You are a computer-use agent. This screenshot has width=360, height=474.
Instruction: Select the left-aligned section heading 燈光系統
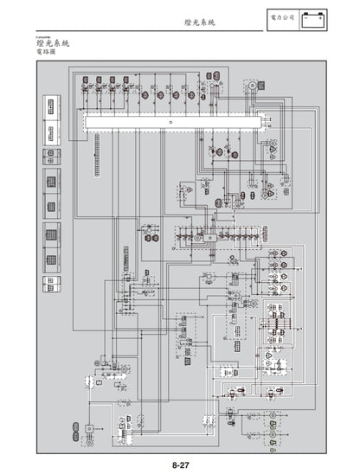[54, 42]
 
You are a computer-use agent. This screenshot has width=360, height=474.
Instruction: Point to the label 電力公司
[283, 16]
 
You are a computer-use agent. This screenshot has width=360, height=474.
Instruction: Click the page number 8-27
[180, 464]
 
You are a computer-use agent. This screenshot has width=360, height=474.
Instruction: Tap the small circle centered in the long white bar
[170, 122]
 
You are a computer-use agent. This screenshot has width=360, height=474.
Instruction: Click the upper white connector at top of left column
[53, 106]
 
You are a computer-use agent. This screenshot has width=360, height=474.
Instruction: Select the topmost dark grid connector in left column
[53, 156]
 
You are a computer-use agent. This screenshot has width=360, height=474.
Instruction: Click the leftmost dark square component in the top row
[88, 84]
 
